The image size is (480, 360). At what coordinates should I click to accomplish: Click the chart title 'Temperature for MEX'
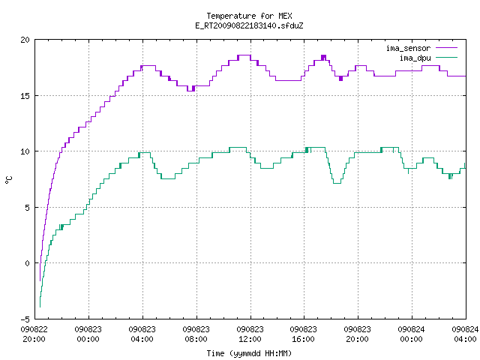pyautogui.click(x=249, y=16)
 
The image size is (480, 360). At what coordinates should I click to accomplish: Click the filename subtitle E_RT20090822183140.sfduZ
pyautogui.click(x=249, y=25)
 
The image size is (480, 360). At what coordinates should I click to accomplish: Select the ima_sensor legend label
pyautogui.click(x=408, y=48)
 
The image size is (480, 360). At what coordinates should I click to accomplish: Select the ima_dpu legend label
pyautogui.click(x=415, y=58)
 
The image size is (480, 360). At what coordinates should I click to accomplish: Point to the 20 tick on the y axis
pyautogui.click(x=25, y=40)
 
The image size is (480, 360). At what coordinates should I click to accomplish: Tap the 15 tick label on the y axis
pyautogui.click(x=25, y=96)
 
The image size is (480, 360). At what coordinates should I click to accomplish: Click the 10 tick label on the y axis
pyautogui.click(x=25, y=151)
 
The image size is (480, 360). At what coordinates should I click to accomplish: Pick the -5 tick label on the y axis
pyautogui.click(x=25, y=319)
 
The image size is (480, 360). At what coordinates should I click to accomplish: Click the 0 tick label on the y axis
pyautogui.click(x=27, y=263)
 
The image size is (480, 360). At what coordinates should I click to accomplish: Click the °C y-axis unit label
pyautogui.click(x=8, y=180)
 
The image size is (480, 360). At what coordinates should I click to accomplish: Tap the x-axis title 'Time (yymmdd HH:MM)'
pyautogui.click(x=249, y=353)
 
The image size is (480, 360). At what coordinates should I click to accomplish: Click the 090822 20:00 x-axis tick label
pyautogui.click(x=34, y=334)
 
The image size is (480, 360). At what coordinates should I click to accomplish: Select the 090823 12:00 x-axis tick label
pyautogui.click(x=250, y=334)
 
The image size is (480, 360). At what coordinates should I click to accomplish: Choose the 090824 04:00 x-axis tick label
pyautogui.click(x=465, y=334)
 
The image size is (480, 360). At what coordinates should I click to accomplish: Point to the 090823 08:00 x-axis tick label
pyautogui.click(x=196, y=334)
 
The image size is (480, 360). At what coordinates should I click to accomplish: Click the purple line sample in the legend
pyautogui.click(x=446, y=48)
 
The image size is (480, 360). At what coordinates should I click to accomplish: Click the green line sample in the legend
pyautogui.click(x=446, y=58)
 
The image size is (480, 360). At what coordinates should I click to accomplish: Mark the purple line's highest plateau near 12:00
pyautogui.click(x=244, y=55)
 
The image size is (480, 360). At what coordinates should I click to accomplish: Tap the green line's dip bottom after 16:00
pyautogui.click(x=337, y=183)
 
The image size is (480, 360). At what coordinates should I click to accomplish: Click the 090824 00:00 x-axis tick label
pyautogui.click(x=412, y=334)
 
